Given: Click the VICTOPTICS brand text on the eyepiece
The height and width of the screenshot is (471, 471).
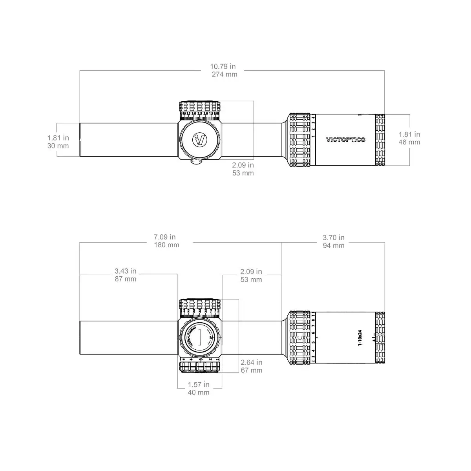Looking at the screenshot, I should coord(345,139).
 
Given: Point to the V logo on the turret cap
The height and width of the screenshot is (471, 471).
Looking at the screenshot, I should coord(200,139).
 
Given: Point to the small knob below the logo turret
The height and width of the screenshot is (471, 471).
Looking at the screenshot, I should coord(196,162).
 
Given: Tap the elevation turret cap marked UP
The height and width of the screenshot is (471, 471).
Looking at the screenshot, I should coord(200,338).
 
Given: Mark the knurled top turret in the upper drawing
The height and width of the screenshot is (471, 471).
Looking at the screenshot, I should coord(199,107).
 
